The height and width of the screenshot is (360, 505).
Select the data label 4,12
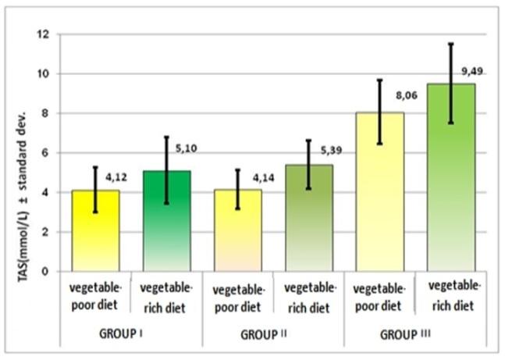pos(117,176)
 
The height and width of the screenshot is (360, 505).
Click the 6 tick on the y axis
pos(44,153)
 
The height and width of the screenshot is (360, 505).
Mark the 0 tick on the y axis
pos(44,272)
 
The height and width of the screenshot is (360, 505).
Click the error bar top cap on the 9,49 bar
pos(450,44)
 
